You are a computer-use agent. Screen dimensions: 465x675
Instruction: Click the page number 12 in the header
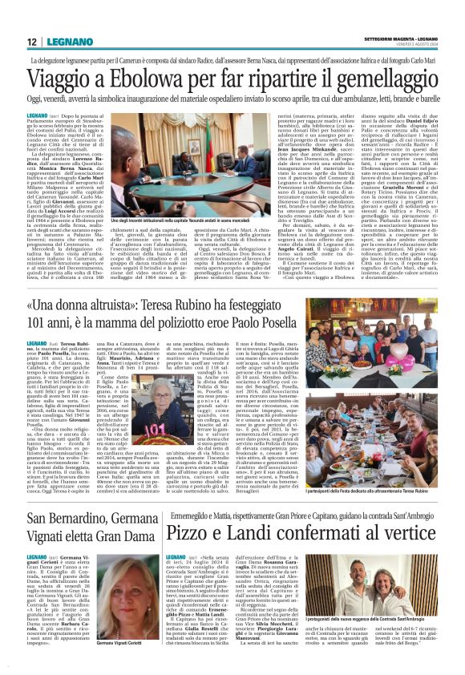click(x=30, y=42)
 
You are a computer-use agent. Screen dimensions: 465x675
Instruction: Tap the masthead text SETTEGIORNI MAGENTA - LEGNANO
click(x=401, y=39)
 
